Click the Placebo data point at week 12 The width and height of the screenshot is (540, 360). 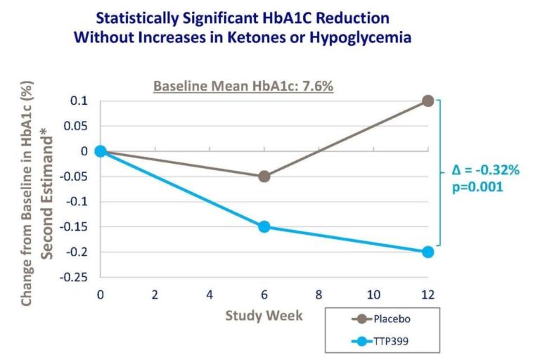click(x=427, y=101)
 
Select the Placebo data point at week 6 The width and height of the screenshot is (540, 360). click(x=264, y=176)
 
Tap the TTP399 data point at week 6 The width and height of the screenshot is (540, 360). click(x=264, y=226)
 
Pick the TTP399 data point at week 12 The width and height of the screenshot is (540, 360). click(x=427, y=252)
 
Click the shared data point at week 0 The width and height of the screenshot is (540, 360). click(x=101, y=151)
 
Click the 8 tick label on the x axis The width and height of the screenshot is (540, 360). click(x=319, y=294)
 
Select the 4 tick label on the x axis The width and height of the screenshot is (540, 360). click(x=210, y=294)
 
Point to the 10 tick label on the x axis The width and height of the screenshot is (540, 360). click(x=373, y=294)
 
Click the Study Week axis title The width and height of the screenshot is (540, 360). click(x=264, y=315)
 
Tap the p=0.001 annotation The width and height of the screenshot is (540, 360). click(x=475, y=188)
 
